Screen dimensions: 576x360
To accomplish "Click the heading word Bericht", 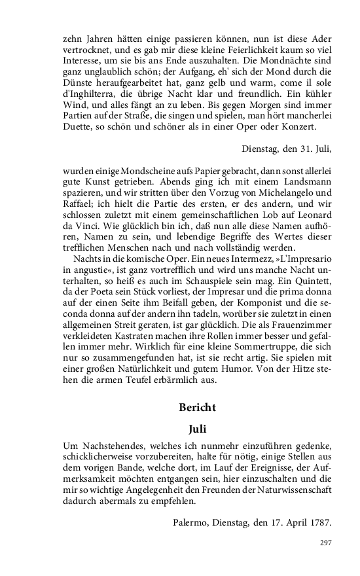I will [x=197, y=406].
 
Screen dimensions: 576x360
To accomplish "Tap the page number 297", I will [x=326, y=543].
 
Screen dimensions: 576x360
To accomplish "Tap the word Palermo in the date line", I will [x=193, y=522].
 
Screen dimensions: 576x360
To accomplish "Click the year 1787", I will [x=319, y=522].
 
